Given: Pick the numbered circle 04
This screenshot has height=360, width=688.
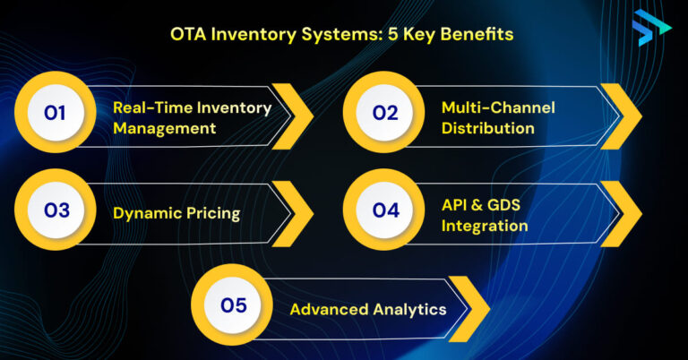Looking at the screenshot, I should [385, 211].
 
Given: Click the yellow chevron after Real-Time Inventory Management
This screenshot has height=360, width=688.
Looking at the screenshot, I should [292, 116].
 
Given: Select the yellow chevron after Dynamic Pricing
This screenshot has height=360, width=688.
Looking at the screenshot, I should [292, 212].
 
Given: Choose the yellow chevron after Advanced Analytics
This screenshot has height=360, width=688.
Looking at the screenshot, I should [469, 308].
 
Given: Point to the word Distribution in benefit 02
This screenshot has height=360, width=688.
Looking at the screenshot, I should [488, 128].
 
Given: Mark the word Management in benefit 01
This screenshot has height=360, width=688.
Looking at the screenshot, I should [165, 128].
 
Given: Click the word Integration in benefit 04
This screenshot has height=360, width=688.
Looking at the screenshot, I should [485, 226].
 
